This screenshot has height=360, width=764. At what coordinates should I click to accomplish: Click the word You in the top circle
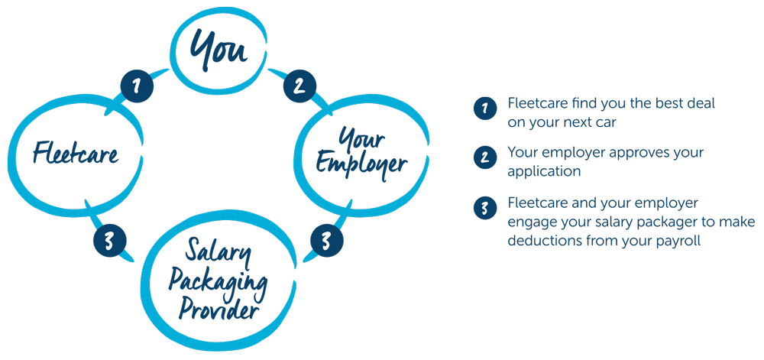pyautogui.click(x=218, y=49)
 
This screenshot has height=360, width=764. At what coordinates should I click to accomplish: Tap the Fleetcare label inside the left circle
pyautogui.click(x=76, y=152)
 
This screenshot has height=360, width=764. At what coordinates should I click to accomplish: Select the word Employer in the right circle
pyautogui.click(x=361, y=164)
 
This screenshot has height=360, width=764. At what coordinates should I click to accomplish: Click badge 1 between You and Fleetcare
pyautogui.click(x=137, y=86)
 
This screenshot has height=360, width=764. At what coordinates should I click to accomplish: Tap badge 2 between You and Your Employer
pyautogui.click(x=299, y=86)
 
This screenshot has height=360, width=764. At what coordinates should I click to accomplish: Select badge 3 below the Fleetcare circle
pyautogui.click(x=109, y=240)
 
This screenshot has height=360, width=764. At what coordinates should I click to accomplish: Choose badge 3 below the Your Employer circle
pyautogui.click(x=327, y=240)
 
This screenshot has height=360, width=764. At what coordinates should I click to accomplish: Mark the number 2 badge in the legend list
pyautogui.click(x=485, y=157)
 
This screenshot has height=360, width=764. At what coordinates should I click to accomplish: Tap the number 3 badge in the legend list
pyautogui.click(x=485, y=208)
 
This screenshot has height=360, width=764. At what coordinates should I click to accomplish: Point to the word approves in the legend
pyautogui.click(x=638, y=153)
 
